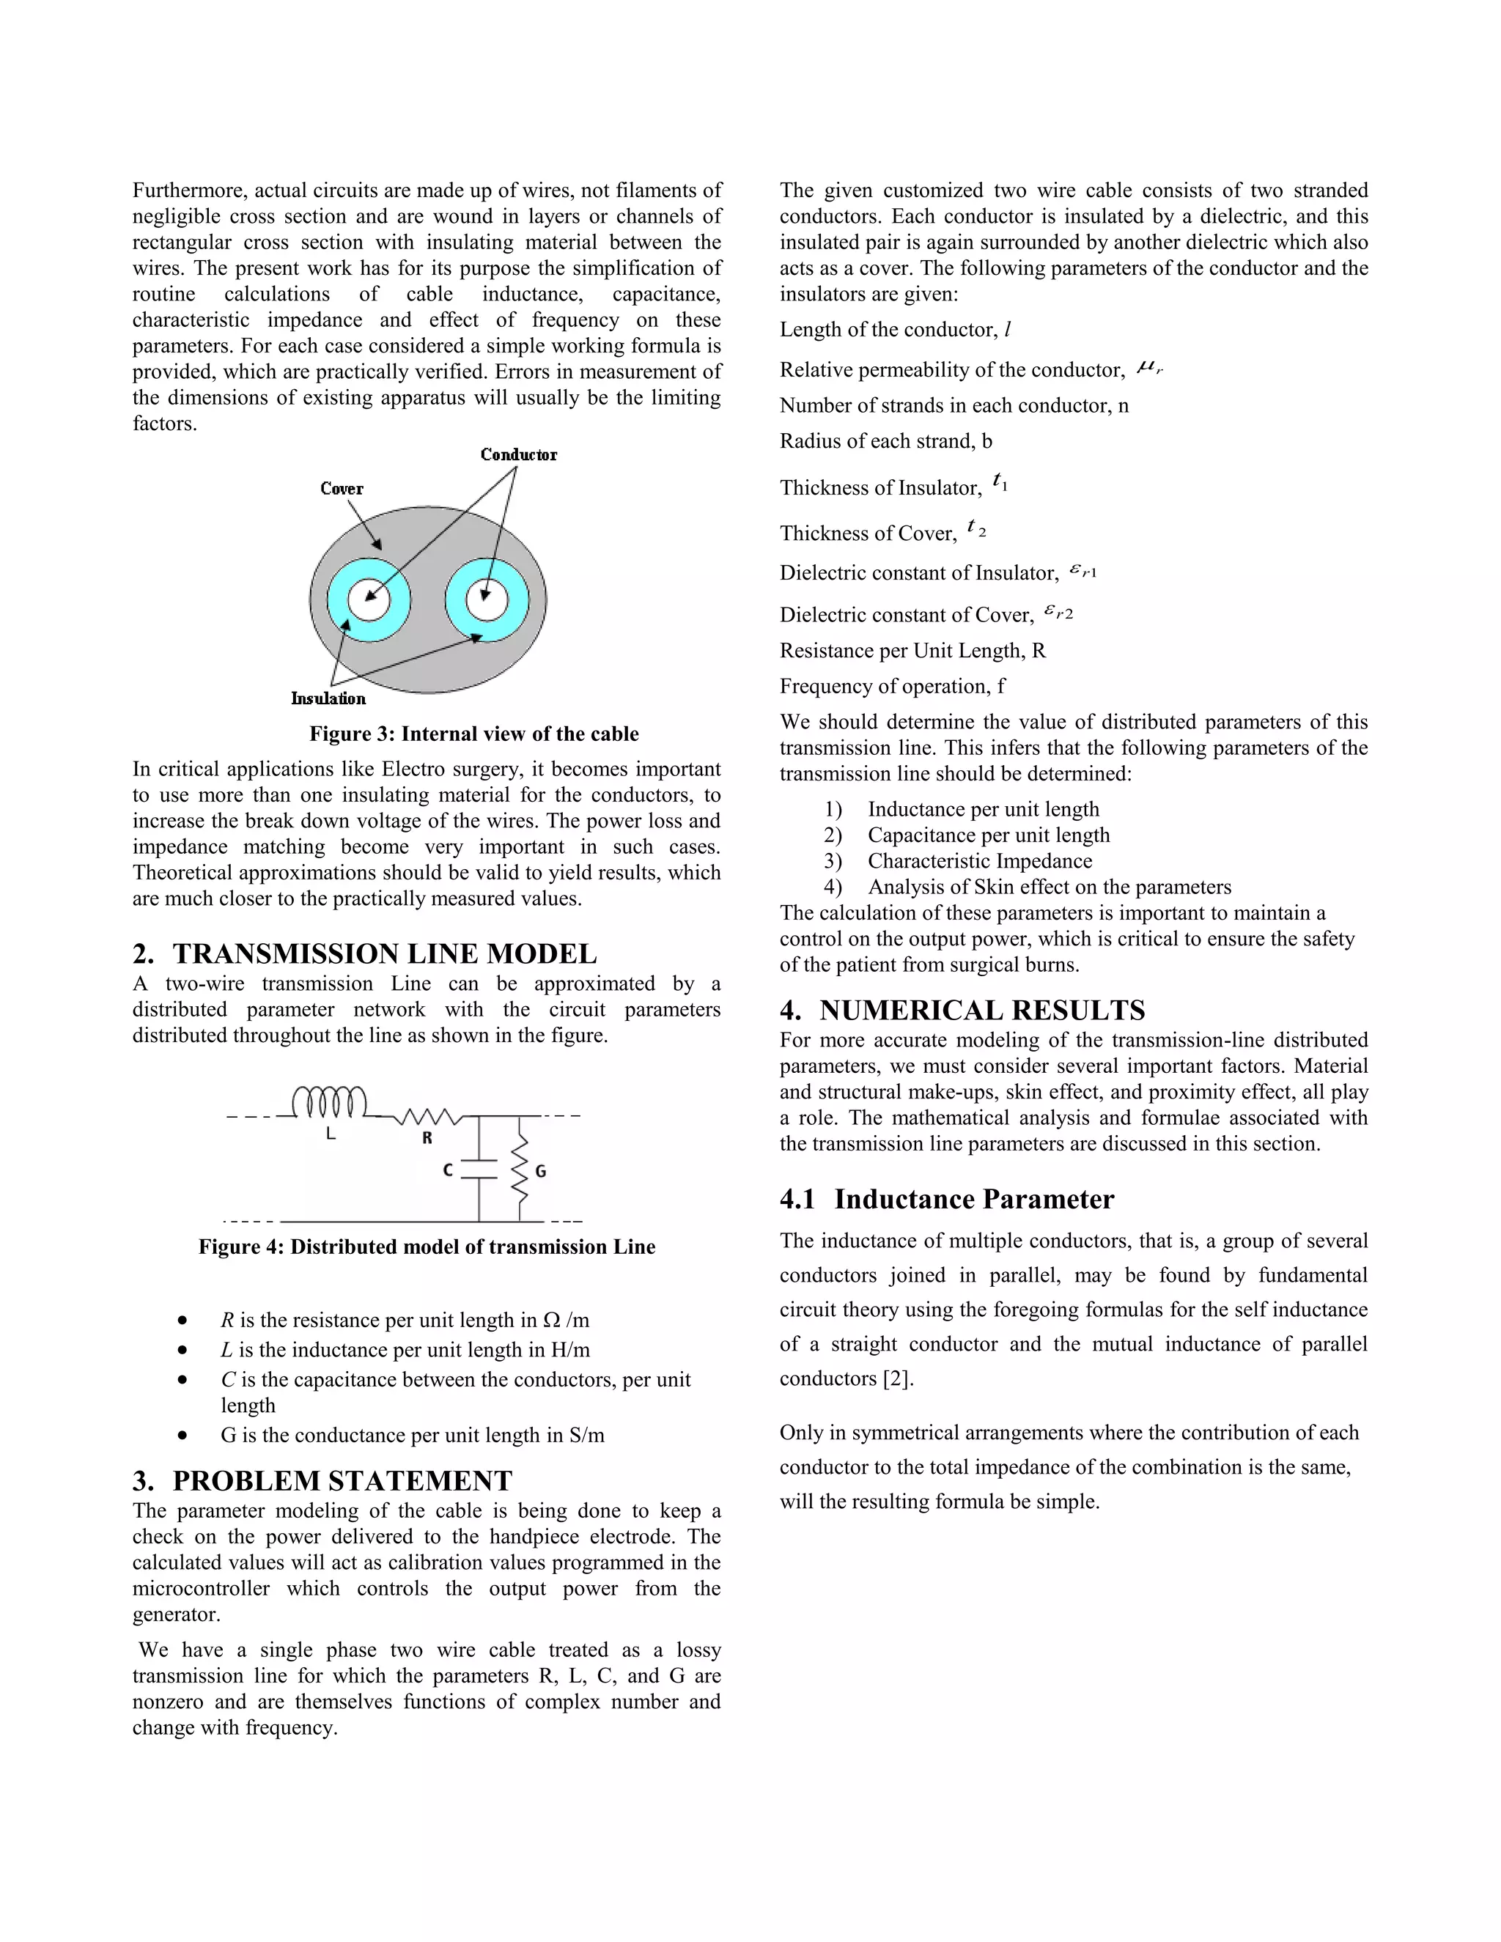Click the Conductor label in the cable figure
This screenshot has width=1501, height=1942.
tap(518, 454)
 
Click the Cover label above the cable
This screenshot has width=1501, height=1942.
tap(342, 488)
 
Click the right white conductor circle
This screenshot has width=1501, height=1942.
tap(487, 601)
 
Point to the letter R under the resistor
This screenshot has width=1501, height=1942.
tap(427, 1137)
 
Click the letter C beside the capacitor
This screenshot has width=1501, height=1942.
tap(448, 1170)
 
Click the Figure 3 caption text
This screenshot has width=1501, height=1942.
tap(474, 734)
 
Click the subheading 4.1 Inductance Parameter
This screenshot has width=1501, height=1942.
tap(946, 1199)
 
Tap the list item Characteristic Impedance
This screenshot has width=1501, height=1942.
tap(979, 861)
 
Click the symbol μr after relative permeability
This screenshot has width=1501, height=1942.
tap(1149, 367)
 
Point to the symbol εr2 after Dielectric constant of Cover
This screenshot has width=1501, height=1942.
tap(1058, 612)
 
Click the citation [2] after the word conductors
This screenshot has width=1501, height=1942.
tap(898, 1378)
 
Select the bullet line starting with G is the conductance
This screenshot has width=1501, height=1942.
tap(412, 1435)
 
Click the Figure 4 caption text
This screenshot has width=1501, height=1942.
tap(427, 1247)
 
